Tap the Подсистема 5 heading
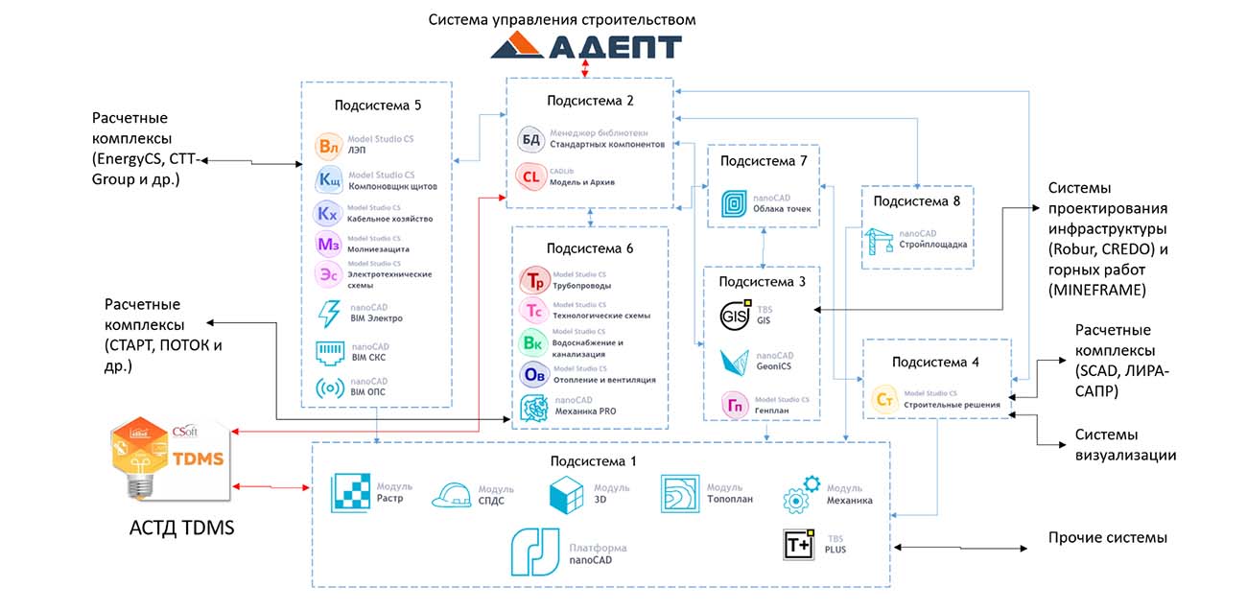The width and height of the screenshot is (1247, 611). [377, 105]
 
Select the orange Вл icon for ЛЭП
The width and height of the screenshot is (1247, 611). [329, 148]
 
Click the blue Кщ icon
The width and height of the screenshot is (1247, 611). [329, 180]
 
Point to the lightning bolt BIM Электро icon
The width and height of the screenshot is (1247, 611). [329, 314]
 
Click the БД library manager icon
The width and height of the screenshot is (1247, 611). [530, 139]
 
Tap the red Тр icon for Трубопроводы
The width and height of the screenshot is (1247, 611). [532, 280]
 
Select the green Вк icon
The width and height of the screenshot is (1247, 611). [532, 342]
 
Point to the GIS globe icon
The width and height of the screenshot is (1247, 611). [734, 316]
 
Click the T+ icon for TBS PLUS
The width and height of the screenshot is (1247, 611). [798, 545]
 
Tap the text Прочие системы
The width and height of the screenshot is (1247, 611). [1107, 537]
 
